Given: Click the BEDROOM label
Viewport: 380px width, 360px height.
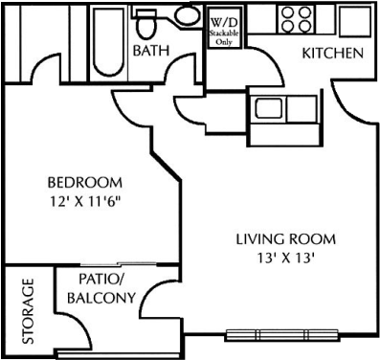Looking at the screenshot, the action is (x=85, y=183).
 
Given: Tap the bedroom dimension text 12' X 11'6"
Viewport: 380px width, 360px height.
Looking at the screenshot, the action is (x=86, y=202).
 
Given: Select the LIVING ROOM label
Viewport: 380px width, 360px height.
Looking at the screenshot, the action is (x=286, y=239).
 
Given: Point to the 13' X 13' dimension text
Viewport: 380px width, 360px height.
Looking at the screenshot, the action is (x=284, y=259).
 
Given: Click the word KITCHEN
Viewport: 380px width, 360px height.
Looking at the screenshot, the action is (x=333, y=53).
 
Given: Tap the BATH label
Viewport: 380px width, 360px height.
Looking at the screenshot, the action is (x=151, y=51).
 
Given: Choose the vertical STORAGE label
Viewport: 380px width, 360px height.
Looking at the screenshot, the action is (x=28, y=311).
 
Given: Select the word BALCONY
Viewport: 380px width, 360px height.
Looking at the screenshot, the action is (x=101, y=298).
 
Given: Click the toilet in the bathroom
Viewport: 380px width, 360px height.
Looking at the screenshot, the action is (x=146, y=23).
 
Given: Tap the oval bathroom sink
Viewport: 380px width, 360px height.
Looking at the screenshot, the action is (x=187, y=15).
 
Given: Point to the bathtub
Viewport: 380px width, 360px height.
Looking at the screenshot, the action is (x=109, y=42).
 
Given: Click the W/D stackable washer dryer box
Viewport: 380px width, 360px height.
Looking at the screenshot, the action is (x=224, y=28).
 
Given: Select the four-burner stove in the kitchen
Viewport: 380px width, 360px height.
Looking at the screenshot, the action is (x=297, y=19).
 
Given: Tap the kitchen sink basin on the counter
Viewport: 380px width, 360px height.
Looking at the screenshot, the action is (x=269, y=108).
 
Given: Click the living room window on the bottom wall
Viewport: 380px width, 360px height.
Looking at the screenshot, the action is (x=282, y=335).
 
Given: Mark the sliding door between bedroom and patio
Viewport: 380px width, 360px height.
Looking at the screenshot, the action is (x=119, y=264).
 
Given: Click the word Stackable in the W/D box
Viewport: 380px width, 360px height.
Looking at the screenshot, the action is (x=224, y=34).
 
